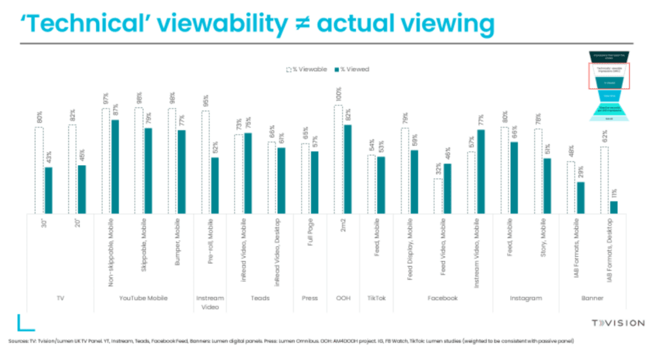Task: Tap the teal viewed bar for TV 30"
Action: (x=49, y=190)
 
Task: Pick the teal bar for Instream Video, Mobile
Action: (x=481, y=172)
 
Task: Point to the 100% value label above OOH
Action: (x=338, y=96)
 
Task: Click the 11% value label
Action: (x=613, y=192)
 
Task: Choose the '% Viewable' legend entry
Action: (x=307, y=69)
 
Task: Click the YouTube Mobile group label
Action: (x=143, y=298)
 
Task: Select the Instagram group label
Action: (x=525, y=298)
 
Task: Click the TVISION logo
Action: (x=617, y=323)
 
